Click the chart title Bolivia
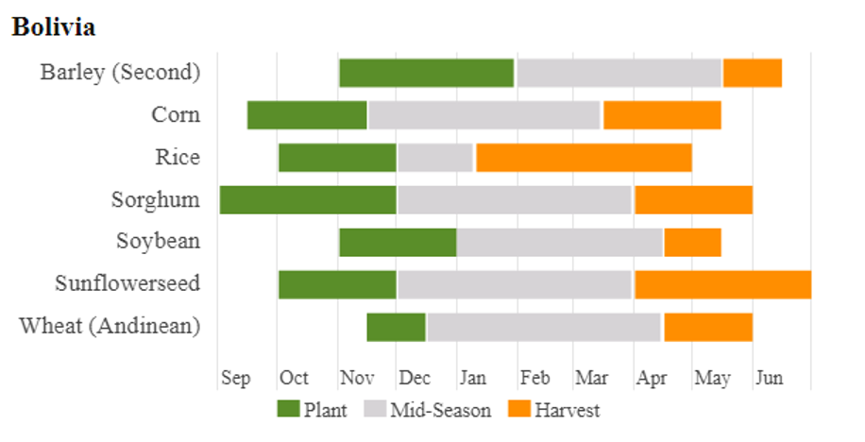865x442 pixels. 54,26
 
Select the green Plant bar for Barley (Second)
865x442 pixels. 426,73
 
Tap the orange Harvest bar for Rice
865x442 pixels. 584,158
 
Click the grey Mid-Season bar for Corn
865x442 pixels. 484,115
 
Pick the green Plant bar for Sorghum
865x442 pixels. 308,200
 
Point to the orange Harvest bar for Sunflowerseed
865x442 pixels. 722,284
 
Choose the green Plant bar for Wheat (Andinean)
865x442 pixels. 397,327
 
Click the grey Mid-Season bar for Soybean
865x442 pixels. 560,242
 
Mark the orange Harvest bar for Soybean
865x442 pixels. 693,242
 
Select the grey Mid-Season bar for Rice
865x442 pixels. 435,158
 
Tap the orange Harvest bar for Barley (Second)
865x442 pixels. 753,73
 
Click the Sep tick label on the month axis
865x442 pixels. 236,378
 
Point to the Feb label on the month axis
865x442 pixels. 534,378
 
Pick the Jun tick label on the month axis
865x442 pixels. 769,378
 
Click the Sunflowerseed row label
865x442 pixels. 127,283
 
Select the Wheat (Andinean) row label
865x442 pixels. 110,326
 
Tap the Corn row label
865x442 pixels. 176,114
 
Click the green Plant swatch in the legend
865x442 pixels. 288,409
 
